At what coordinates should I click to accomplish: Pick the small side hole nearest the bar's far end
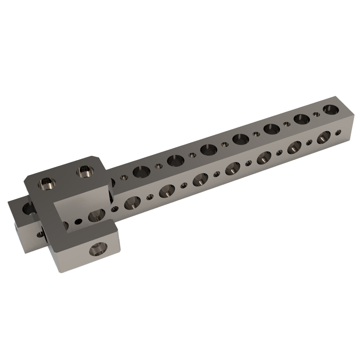coord(338,132)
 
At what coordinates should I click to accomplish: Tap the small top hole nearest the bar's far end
coord(316,114)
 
